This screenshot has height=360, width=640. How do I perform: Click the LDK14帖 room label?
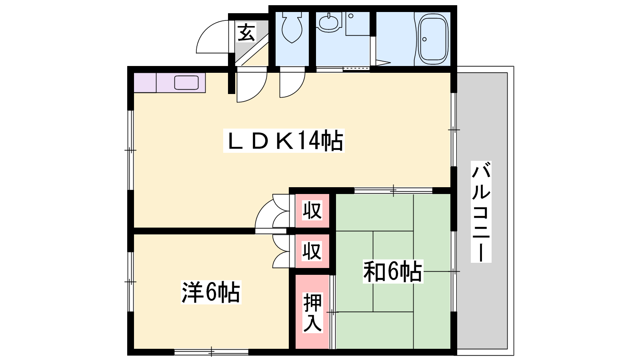(x=284, y=140)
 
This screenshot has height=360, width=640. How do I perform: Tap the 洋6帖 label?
(x=211, y=292)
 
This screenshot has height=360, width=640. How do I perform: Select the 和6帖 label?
(x=393, y=272)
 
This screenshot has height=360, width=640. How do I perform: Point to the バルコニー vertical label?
(x=481, y=212)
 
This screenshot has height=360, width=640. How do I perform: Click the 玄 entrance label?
(x=246, y=32)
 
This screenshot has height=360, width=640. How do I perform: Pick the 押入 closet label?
(x=312, y=312)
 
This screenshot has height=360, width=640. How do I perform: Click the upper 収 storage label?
(x=312, y=210)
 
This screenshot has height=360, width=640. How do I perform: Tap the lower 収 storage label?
(x=312, y=251)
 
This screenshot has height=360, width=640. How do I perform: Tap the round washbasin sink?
(x=329, y=22)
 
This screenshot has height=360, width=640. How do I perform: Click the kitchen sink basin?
(x=186, y=82)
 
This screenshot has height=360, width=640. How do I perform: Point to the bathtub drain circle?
(x=424, y=39)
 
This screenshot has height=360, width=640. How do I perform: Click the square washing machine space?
(x=358, y=24)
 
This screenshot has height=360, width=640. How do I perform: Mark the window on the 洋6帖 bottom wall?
(x=212, y=352)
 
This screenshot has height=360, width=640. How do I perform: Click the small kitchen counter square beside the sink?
(x=145, y=82)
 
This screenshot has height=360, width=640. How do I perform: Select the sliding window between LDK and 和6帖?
(x=393, y=190)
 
